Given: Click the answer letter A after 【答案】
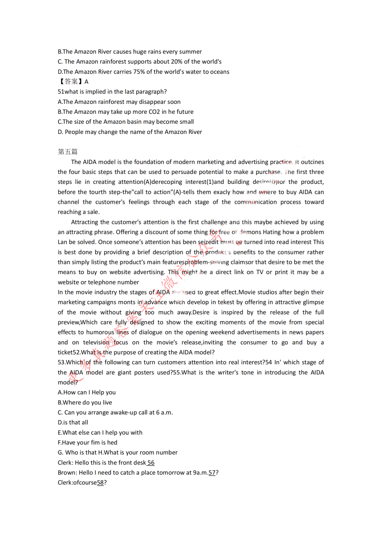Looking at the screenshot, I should point(86,82).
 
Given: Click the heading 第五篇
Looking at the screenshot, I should point(68,152).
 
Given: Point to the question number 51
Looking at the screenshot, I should point(61,92).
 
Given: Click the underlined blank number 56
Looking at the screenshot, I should point(151,463).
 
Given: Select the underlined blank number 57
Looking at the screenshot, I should point(212,473).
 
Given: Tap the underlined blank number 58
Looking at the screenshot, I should point(100,483).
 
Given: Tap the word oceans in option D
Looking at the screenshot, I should point(220,72).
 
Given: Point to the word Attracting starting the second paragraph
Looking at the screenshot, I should point(85,222).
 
